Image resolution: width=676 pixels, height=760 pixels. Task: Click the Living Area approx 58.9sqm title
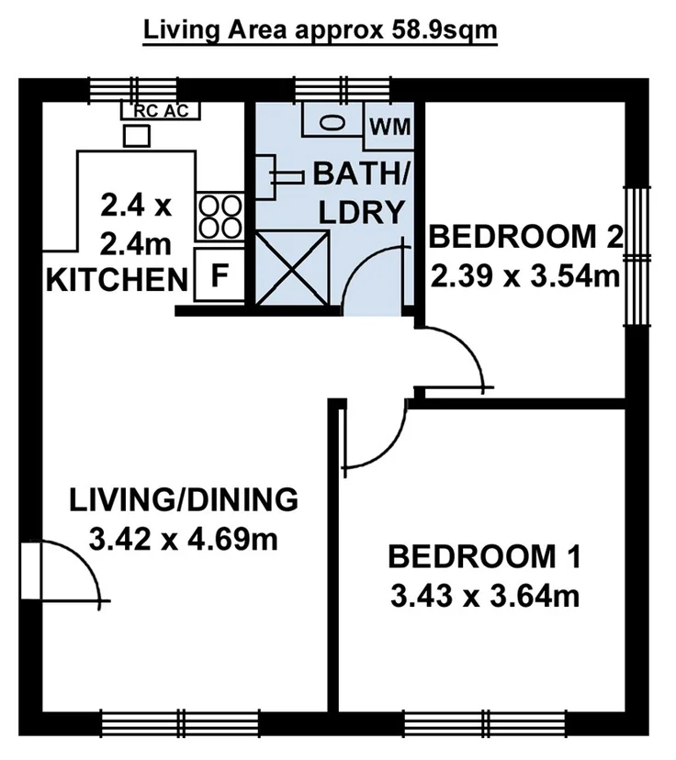coord(320,30)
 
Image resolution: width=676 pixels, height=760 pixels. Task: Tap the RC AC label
coord(161,110)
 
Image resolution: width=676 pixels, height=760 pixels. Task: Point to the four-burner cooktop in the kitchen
coord(220,215)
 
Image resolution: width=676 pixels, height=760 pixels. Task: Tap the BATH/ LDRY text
coord(361,193)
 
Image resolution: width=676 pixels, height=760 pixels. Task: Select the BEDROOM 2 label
coord(525,237)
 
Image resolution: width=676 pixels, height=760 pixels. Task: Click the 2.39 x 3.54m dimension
coord(525,274)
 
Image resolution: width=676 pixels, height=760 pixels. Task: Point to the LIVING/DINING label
coord(184,500)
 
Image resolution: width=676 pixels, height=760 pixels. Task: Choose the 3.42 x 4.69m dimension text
coord(184,538)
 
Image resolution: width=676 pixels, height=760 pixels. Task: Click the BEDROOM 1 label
coord(484,557)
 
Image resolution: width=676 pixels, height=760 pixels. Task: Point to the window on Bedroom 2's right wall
coord(634,254)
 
